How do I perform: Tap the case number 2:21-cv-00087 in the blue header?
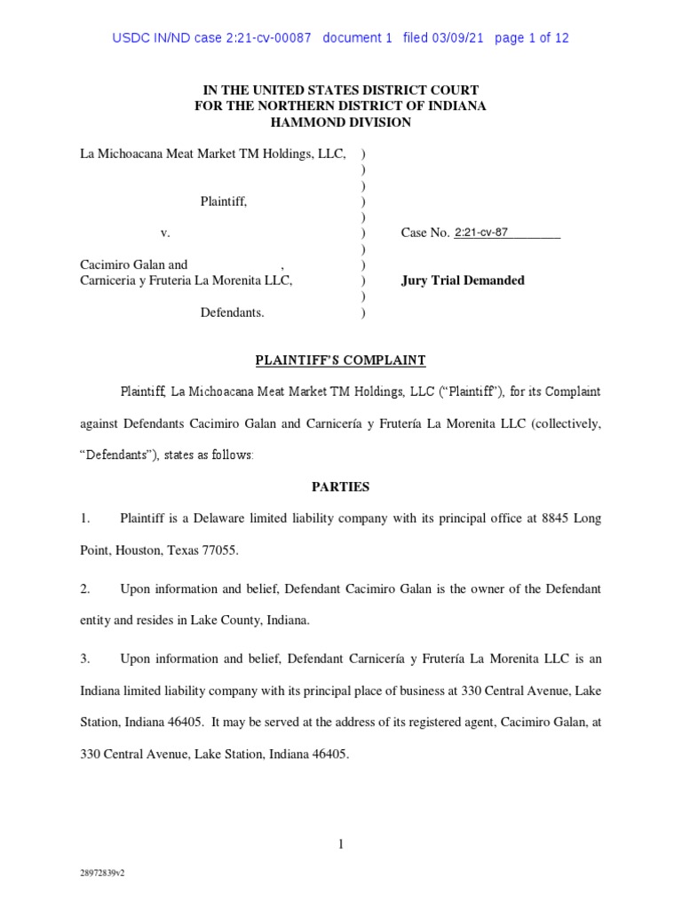(258, 38)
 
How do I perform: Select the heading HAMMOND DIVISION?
(340, 123)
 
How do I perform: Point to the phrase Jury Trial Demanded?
(463, 281)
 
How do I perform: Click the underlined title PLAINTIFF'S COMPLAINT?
(340, 360)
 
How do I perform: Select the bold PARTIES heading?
(340, 487)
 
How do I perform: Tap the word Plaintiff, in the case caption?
(224, 202)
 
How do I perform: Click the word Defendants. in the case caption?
(232, 312)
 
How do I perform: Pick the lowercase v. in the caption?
(165, 233)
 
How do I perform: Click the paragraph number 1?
(85, 518)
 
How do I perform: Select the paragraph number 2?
(85, 589)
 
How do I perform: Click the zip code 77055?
(219, 550)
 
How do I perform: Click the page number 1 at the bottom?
(340, 844)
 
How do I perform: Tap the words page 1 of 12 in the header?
(531, 38)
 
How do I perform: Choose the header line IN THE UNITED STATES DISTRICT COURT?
(340, 91)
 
